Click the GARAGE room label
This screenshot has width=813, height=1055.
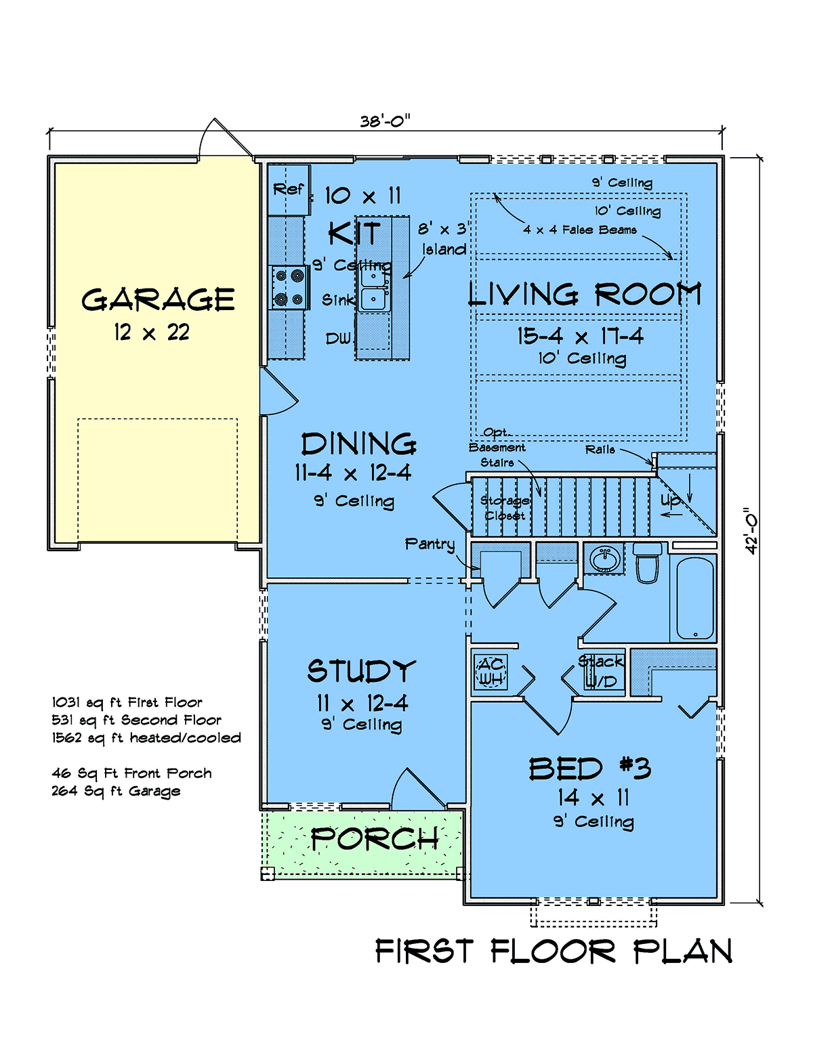coord(158,299)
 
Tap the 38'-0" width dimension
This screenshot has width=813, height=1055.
coord(385,121)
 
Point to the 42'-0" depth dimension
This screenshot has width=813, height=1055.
coord(751,531)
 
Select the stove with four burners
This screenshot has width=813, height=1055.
coord(289,287)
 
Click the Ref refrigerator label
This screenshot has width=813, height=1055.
coord(288,188)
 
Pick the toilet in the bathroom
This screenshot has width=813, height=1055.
coord(648,562)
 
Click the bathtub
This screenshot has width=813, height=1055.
coord(695,598)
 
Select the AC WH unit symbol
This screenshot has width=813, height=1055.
coord(491,672)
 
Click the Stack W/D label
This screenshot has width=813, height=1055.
coord(601,671)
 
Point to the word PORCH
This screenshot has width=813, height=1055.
coord(375,839)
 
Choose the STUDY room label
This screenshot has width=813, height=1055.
coord(361,671)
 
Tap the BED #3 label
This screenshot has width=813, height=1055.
coord(589,769)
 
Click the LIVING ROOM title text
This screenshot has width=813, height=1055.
coord(585,294)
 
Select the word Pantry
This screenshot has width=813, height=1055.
coord(430,544)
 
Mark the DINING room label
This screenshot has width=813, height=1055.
coord(358,444)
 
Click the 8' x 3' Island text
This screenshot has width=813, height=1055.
coord(443,239)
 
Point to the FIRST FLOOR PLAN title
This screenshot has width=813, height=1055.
coord(554,951)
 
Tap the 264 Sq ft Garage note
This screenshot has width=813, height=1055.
coord(116,792)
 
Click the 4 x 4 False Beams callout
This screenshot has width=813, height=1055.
coord(580,230)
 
